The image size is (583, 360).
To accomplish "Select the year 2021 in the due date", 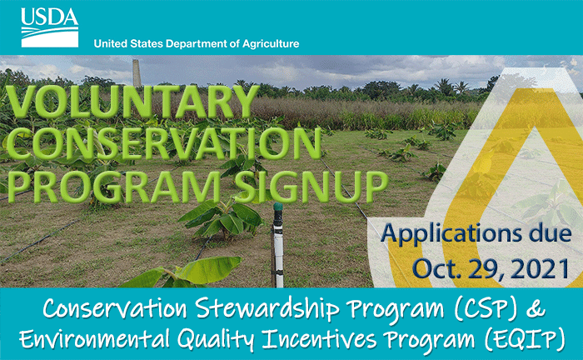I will pyautogui.click(x=541, y=268).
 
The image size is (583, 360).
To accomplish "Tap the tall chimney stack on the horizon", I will pyautogui.click(x=137, y=73).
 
